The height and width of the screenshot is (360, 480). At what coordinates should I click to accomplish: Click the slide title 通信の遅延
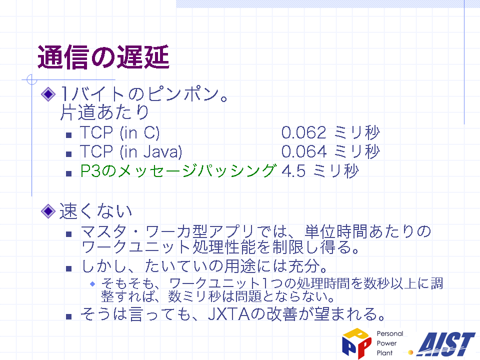click(103, 57)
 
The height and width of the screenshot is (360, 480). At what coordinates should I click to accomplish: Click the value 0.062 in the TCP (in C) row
click(303, 133)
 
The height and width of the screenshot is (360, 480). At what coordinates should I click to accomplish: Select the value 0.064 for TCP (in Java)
click(304, 152)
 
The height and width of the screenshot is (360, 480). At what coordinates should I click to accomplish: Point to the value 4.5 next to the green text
click(293, 171)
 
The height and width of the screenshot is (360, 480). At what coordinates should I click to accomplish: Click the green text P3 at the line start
click(90, 171)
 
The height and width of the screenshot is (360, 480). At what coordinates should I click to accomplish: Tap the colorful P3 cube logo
click(356, 343)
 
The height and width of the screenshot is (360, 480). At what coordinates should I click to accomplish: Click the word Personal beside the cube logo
click(389, 333)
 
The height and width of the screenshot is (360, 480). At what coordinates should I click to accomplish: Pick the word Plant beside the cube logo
click(384, 353)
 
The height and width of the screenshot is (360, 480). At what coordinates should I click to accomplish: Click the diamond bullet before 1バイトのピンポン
click(48, 94)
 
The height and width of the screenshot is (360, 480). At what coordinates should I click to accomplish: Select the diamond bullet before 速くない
click(48, 211)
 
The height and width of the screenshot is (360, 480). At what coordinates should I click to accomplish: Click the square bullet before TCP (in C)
click(69, 135)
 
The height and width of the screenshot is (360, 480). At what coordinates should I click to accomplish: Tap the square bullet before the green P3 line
click(69, 173)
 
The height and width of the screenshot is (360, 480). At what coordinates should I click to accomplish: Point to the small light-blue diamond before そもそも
click(92, 284)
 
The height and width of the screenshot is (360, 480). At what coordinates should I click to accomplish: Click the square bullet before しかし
click(69, 269)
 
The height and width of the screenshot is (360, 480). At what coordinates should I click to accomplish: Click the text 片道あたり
click(104, 112)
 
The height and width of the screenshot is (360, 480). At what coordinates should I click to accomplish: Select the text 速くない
click(95, 211)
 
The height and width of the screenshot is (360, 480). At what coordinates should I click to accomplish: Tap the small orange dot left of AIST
click(411, 352)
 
